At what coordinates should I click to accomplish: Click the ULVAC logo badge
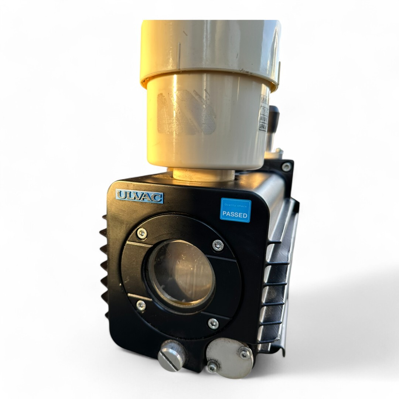click(x=139, y=196)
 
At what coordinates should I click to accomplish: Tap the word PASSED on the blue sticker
click(x=235, y=214)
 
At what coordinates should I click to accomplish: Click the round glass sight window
click(x=181, y=274)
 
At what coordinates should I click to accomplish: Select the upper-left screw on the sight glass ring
click(x=141, y=233)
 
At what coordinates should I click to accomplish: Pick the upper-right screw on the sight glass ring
click(x=218, y=245)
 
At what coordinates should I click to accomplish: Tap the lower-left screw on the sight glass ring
click(x=141, y=305)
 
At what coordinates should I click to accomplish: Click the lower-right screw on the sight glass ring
click(x=213, y=324)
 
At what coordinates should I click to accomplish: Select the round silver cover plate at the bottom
click(x=229, y=358)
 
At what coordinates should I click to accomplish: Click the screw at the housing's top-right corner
click(x=286, y=167)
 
